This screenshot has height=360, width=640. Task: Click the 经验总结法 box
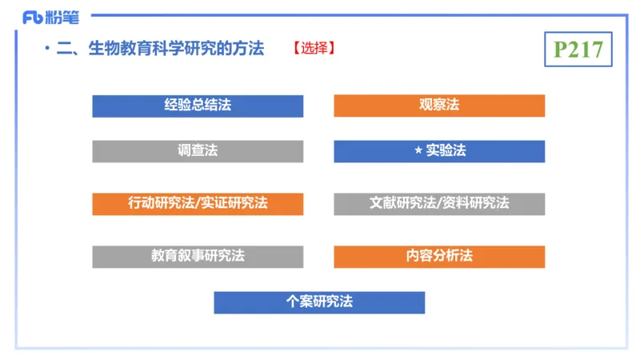(198, 106)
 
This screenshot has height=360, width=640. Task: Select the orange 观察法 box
(439, 106)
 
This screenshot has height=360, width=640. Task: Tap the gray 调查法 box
(198, 151)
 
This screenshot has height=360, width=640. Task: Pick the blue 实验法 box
(439, 151)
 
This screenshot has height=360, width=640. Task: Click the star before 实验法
(418, 150)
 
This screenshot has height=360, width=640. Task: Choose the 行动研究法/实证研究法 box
(198, 203)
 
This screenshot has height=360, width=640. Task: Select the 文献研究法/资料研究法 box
(439, 203)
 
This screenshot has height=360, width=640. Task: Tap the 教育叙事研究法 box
(198, 256)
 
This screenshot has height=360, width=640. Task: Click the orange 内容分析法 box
(439, 256)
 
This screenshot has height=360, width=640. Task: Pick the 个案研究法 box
(319, 302)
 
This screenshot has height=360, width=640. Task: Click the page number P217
(578, 50)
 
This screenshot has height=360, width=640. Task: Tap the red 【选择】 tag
(314, 49)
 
